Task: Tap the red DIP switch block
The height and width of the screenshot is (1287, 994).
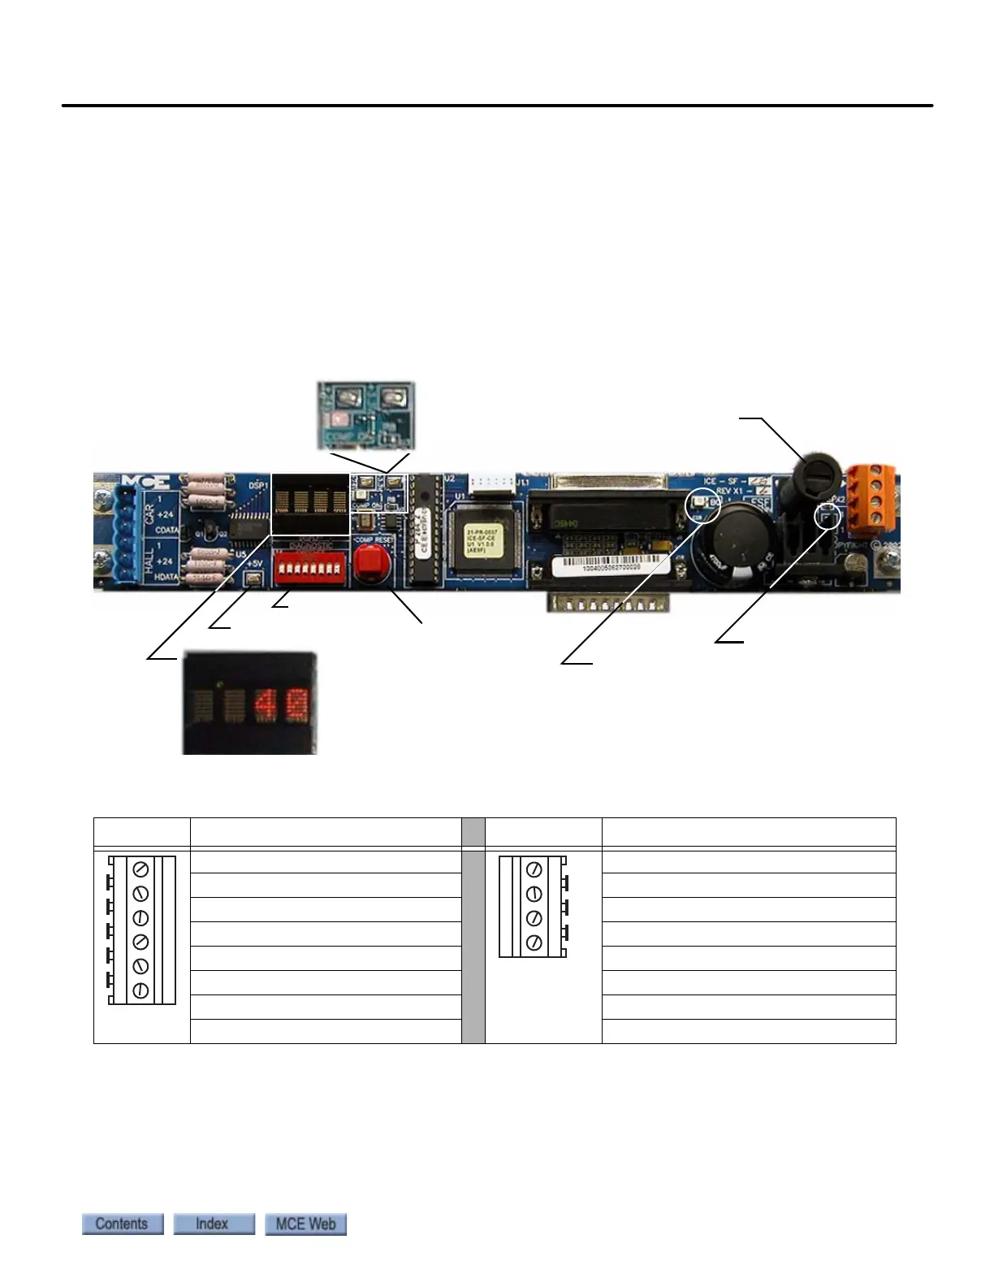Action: tap(307, 566)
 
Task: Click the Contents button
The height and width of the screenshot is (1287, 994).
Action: tap(123, 1224)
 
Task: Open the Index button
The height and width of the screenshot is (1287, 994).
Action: tap(214, 1224)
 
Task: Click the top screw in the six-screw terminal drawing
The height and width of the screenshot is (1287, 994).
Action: tap(140, 869)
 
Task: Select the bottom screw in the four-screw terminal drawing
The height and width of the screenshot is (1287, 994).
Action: tap(534, 942)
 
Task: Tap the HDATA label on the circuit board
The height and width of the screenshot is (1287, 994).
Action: tap(166, 576)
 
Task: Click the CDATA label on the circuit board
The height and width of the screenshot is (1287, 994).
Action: tap(166, 530)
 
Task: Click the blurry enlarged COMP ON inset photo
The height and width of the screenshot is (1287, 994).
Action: tap(365, 415)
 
